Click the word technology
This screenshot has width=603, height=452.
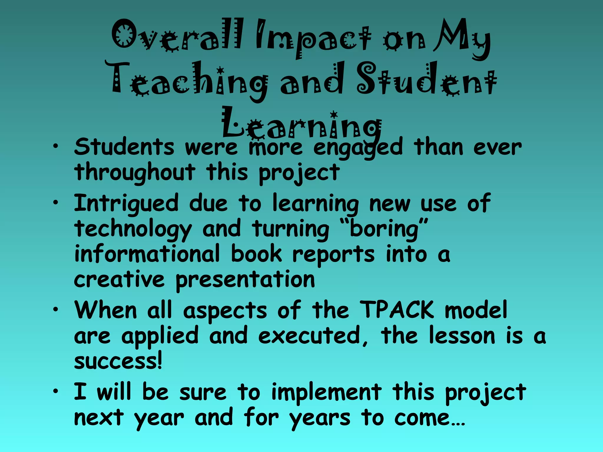pyautogui.click(x=133, y=230)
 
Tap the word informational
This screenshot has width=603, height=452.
pyautogui.click(x=147, y=254)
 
